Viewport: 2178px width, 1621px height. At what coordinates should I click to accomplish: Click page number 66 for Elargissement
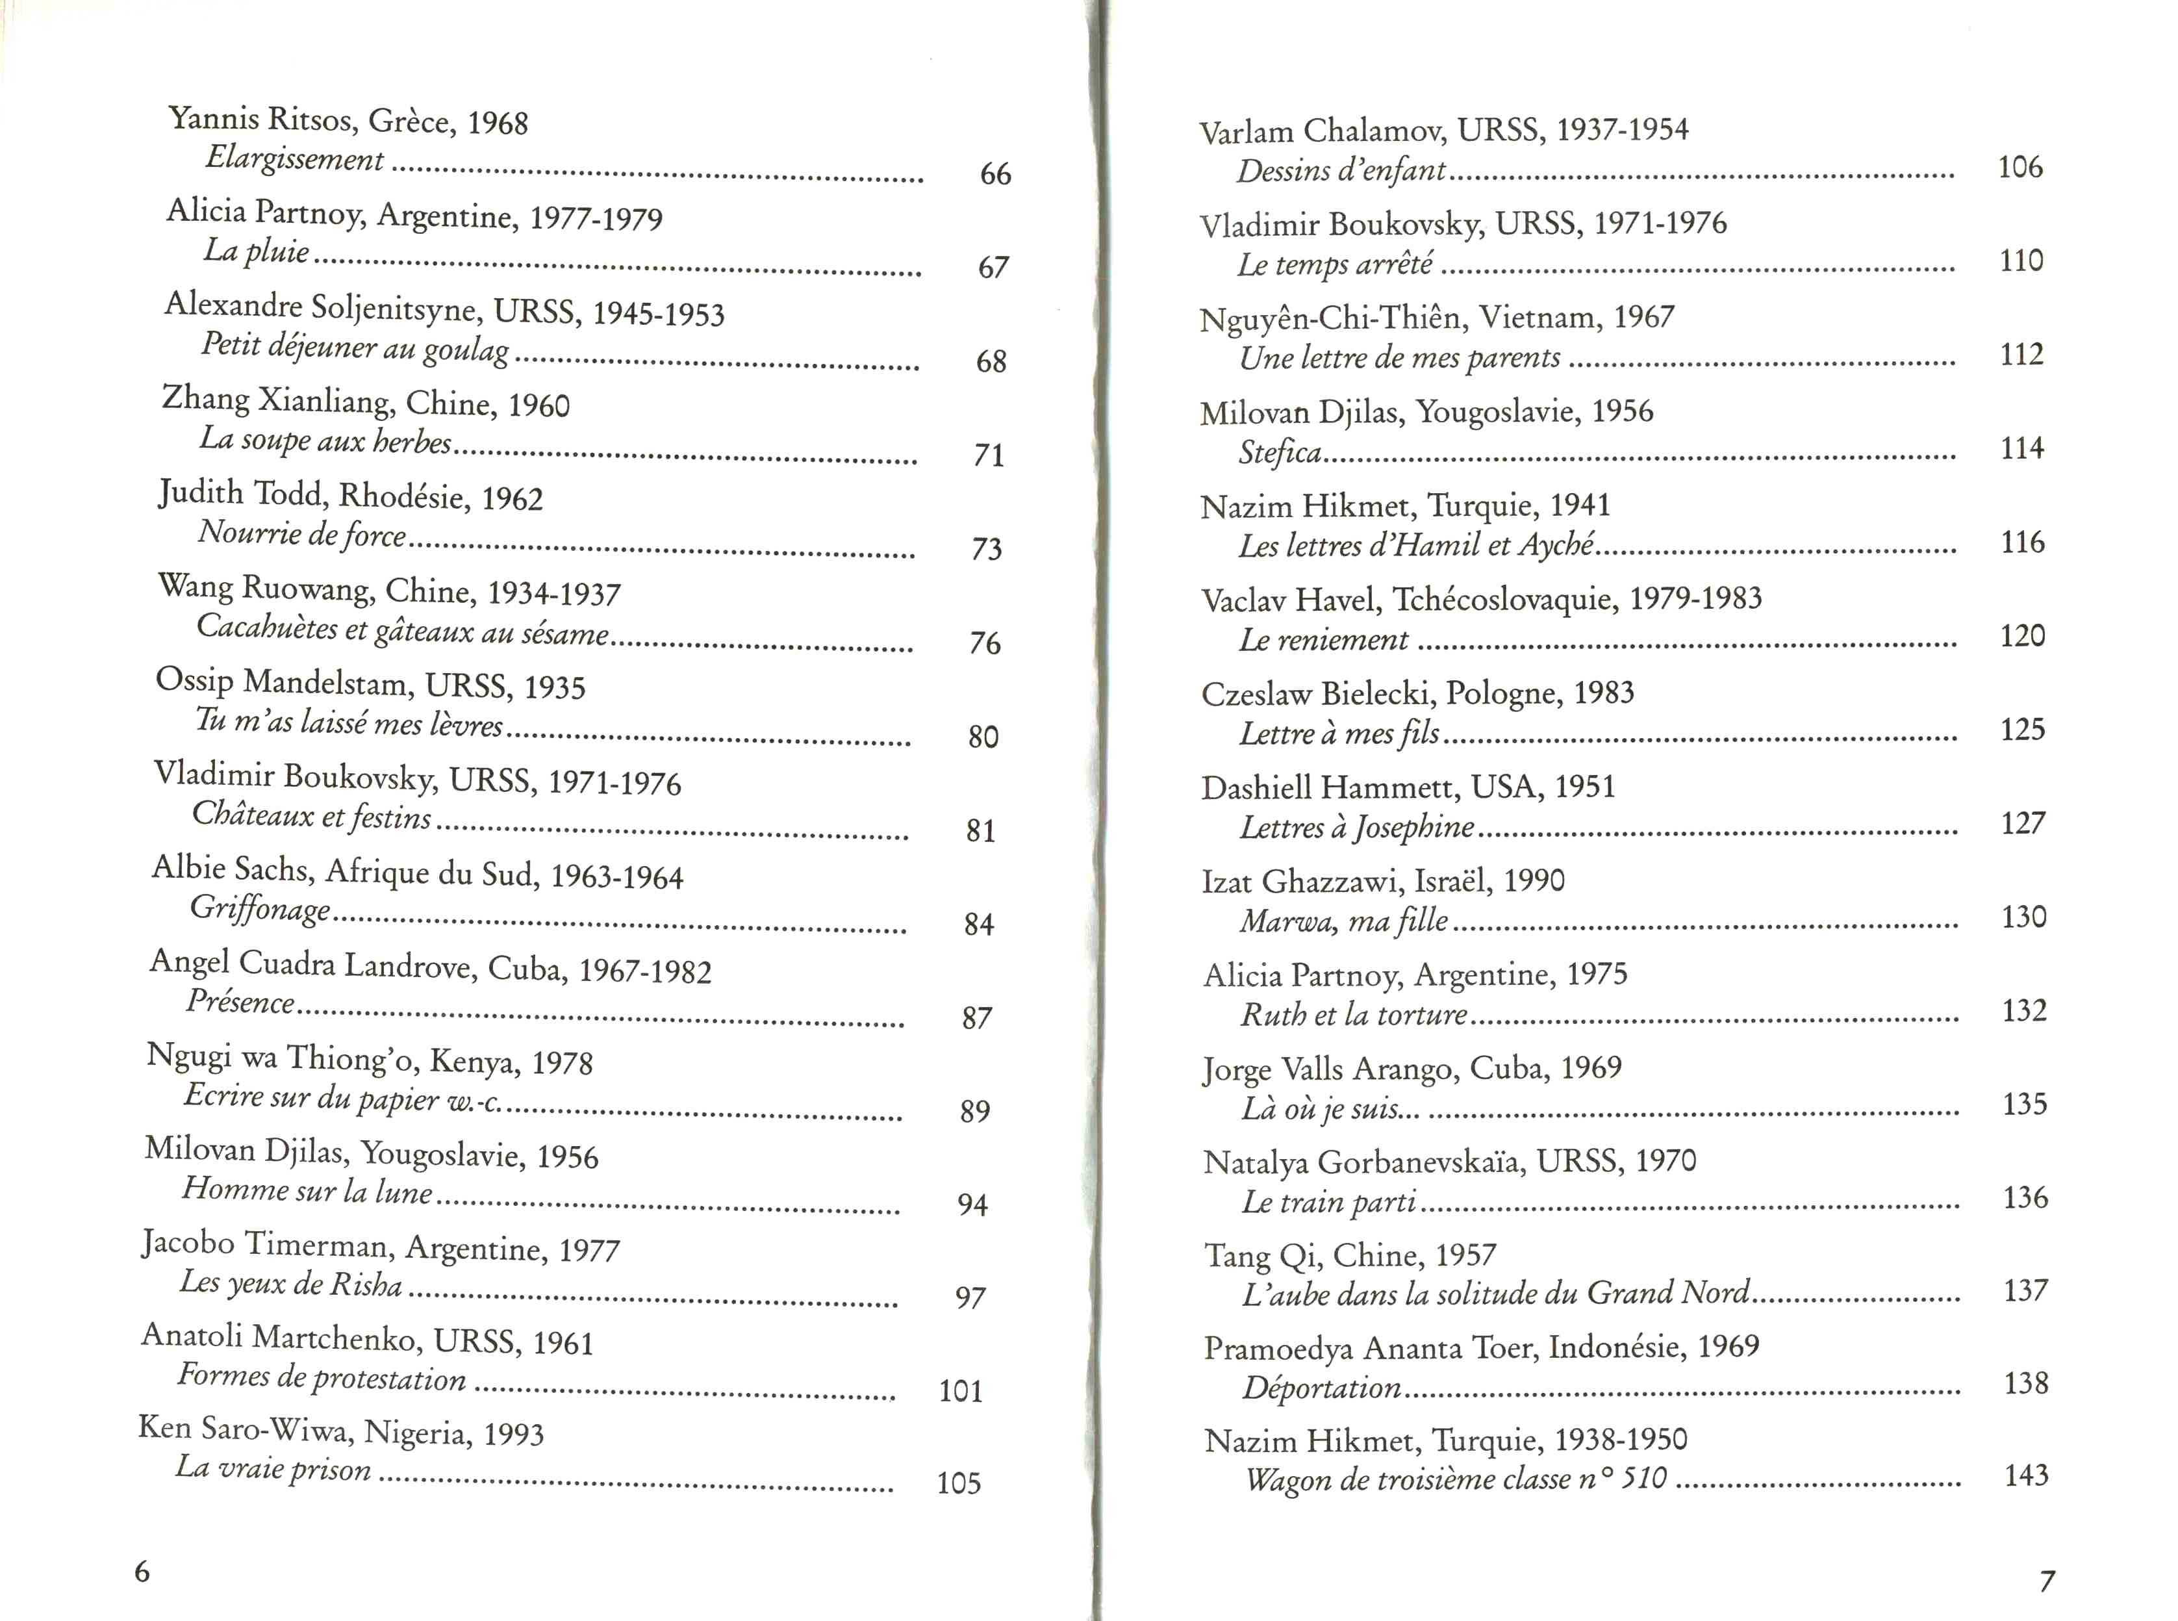pyautogui.click(x=995, y=175)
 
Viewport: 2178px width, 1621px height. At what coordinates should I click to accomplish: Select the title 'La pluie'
pyautogui.click(x=256, y=251)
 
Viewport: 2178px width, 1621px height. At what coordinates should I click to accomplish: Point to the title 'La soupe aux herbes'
pyautogui.click(x=325, y=440)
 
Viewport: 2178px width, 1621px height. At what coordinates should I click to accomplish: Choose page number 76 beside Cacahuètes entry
pyautogui.click(x=985, y=644)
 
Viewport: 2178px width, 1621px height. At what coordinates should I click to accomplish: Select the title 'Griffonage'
pyautogui.click(x=260, y=909)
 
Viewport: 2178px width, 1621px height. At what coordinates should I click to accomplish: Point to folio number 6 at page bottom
pyautogui.click(x=142, y=1572)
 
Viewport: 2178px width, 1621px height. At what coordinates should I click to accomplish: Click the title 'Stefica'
pyautogui.click(x=1280, y=452)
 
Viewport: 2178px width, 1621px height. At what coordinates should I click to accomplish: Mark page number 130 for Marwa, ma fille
pyautogui.click(x=2023, y=917)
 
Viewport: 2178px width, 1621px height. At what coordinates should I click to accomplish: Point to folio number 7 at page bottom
pyautogui.click(x=2047, y=1581)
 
